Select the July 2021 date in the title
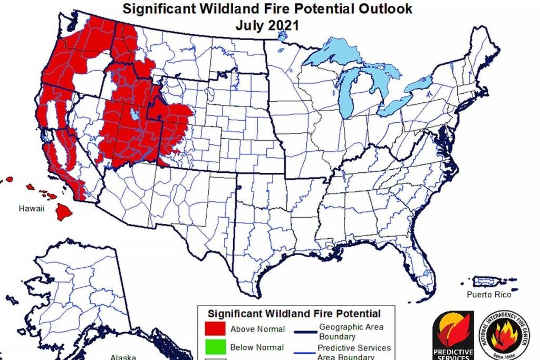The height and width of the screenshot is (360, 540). (268, 25)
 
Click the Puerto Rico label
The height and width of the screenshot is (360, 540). (488, 295)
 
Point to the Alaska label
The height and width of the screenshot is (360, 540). (123, 357)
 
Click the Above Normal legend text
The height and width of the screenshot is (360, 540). (257, 329)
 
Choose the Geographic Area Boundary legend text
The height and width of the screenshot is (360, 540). (351, 332)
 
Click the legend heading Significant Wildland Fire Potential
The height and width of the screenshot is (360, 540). (294, 313)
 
